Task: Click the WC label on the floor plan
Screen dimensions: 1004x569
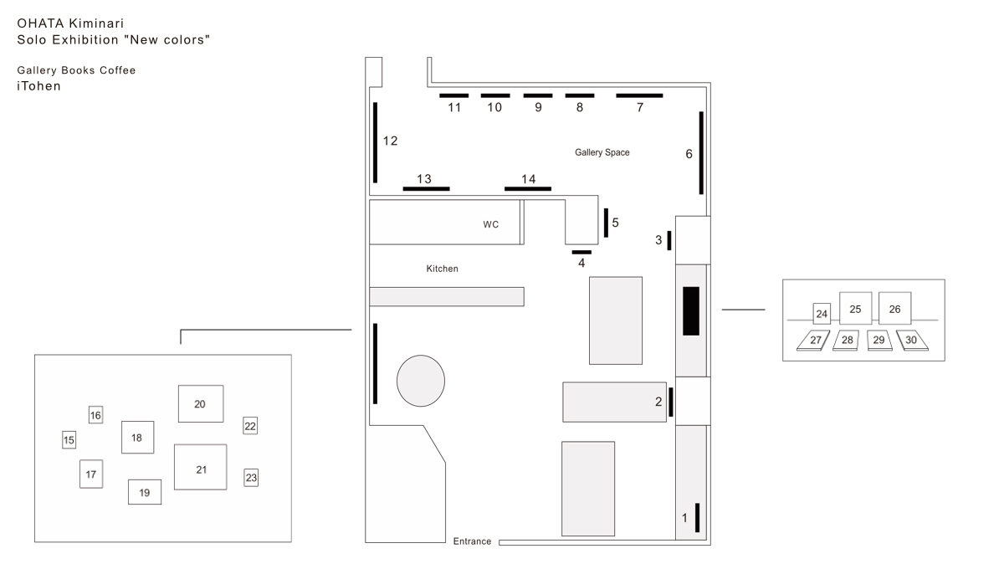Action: click(491, 224)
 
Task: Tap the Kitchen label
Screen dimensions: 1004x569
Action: click(442, 269)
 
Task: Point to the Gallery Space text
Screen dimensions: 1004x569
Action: click(602, 152)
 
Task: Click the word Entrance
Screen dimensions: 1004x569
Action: click(472, 541)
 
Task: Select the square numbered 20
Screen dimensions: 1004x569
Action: click(201, 403)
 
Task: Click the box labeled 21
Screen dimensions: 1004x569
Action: click(200, 467)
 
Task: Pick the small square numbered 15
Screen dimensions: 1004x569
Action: click(69, 440)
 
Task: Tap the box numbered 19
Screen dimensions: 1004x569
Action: click(144, 492)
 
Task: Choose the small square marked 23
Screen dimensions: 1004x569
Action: click(251, 478)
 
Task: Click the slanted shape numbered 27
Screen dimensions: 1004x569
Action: click(813, 341)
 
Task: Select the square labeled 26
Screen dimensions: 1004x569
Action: click(894, 309)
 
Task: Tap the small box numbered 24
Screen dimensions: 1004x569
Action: click(822, 314)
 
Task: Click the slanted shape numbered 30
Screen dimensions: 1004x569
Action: click(912, 341)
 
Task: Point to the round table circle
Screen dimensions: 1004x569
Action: click(420, 381)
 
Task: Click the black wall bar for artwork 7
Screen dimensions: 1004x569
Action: click(639, 95)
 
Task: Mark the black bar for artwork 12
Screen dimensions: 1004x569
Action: click(375, 142)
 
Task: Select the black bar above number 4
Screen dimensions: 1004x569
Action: click(581, 253)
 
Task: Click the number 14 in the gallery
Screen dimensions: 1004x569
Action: click(529, 179)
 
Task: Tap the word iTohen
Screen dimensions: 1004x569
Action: click(38, 86)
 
